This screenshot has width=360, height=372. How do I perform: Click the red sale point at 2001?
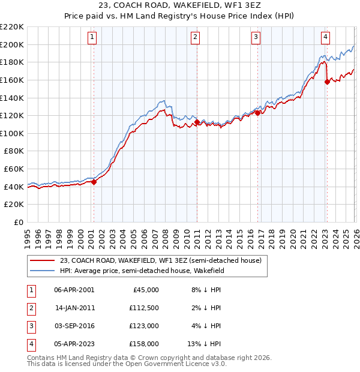94,182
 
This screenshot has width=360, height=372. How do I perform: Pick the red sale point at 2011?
197,122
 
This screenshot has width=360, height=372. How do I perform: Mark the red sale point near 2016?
257,113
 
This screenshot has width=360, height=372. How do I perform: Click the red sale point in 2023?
327,82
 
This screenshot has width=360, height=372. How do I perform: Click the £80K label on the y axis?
14,151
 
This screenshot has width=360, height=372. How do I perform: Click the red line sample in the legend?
43,261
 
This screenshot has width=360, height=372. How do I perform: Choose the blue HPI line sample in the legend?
43,271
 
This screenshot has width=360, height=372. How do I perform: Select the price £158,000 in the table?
144,344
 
